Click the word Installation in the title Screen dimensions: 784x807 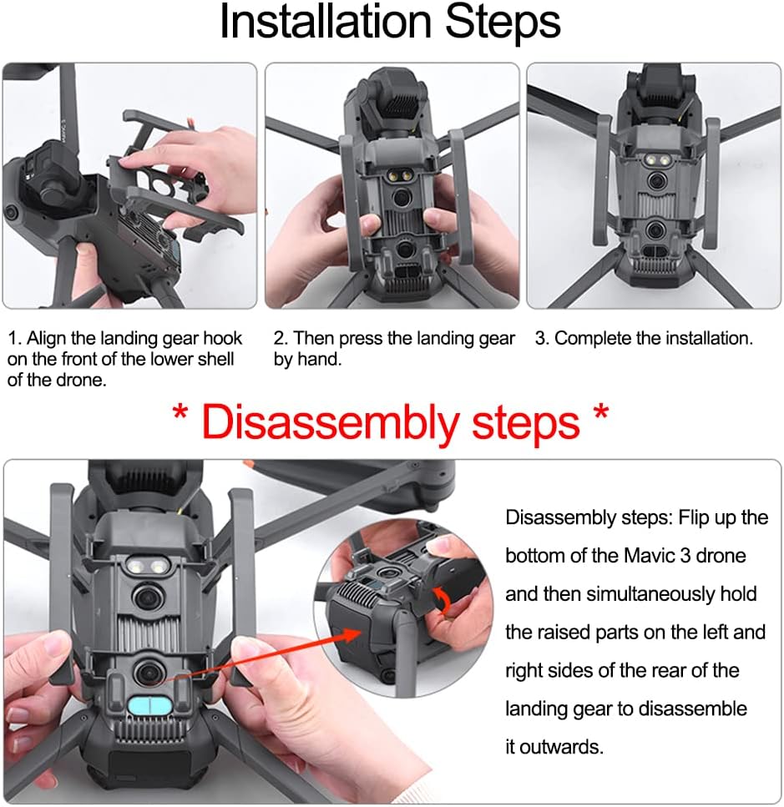point(326,22)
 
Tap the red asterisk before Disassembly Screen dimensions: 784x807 point(180,413)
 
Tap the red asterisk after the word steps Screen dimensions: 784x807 point(601,413)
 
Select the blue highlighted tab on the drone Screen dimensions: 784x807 point(150,706)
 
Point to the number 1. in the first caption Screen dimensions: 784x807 point(15,339)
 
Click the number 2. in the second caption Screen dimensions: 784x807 point(281,339)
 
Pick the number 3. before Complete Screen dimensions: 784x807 point(542,339)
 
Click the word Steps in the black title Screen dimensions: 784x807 point(503,23)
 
